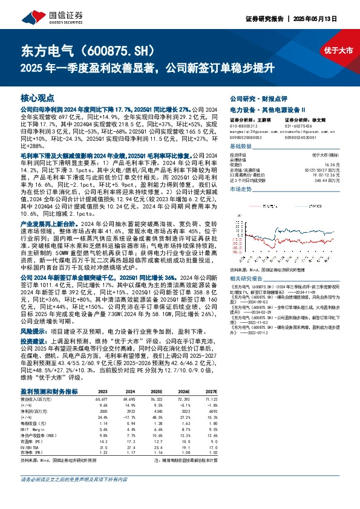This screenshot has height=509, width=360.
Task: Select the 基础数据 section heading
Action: (242, 148)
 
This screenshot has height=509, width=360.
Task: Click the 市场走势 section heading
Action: (242, 190)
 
